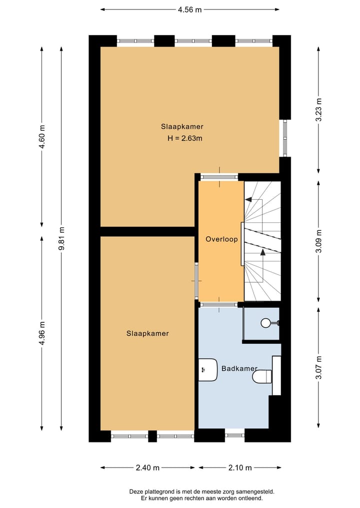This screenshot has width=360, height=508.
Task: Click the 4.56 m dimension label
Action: [x=190, y=9]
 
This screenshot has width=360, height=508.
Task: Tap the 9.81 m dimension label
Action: [x=61, y=239]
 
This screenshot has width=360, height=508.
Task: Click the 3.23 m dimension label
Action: [x=319, y=108]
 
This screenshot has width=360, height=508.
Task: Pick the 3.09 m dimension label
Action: [x=319, y=241]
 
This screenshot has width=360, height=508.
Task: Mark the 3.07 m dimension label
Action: [x=319, y=367]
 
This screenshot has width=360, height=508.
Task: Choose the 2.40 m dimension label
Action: [x=147, y=468]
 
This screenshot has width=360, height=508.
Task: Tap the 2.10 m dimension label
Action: [x=240, y=468]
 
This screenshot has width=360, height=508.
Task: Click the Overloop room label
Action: [x=221, y=239]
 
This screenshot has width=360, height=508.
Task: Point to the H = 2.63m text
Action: [x=185, y=138]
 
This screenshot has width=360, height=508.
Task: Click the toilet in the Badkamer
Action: [x=261, y=376]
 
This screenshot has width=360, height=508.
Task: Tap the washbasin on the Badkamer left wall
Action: [x=207, y=370]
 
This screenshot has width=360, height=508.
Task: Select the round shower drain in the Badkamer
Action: [x=265, y=323]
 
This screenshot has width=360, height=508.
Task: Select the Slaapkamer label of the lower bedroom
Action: [x=147, y=334]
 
